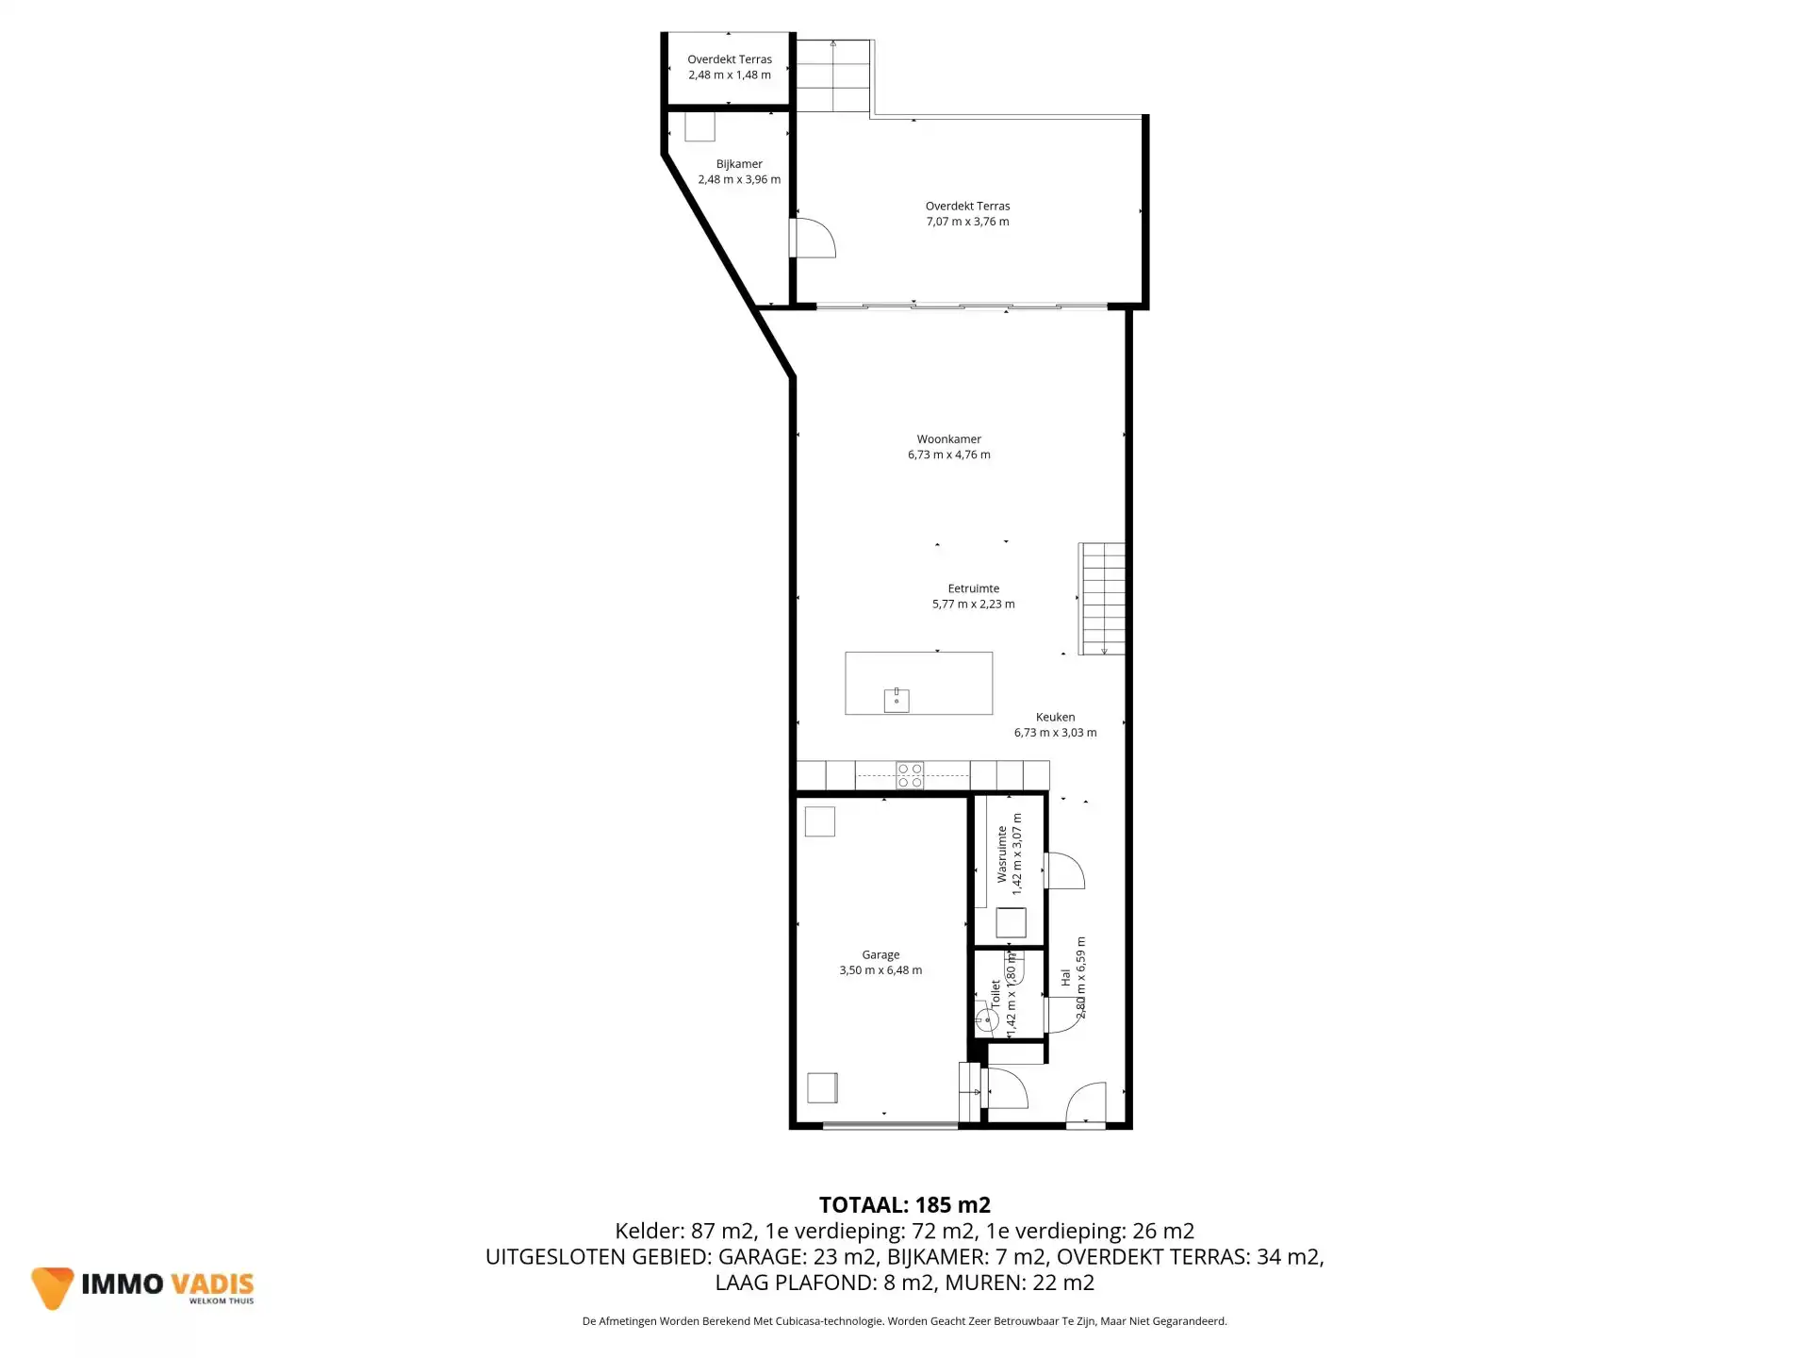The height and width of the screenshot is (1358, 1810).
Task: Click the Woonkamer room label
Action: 948,439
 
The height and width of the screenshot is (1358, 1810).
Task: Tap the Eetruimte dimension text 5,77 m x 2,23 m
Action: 973,604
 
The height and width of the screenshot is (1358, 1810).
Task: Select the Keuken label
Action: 1055,717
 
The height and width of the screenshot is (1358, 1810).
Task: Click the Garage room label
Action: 880,954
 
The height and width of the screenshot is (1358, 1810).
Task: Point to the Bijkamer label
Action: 739,164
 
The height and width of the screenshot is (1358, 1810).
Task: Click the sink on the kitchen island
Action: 897,700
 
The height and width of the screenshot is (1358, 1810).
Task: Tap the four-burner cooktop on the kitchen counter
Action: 910,775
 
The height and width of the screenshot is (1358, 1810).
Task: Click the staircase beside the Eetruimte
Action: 1102,599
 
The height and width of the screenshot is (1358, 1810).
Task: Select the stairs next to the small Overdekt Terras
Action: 833,75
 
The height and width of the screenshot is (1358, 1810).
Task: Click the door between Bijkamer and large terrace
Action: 811,239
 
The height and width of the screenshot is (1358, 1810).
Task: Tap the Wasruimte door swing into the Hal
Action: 1064,871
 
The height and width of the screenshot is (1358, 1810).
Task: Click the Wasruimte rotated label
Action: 1001,854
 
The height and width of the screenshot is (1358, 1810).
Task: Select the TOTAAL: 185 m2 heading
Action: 904,1204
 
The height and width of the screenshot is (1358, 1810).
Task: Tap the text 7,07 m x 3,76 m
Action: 967,223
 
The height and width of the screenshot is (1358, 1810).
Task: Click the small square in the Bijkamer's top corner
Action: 699,126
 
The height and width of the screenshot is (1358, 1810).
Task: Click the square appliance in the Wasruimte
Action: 1011,922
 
